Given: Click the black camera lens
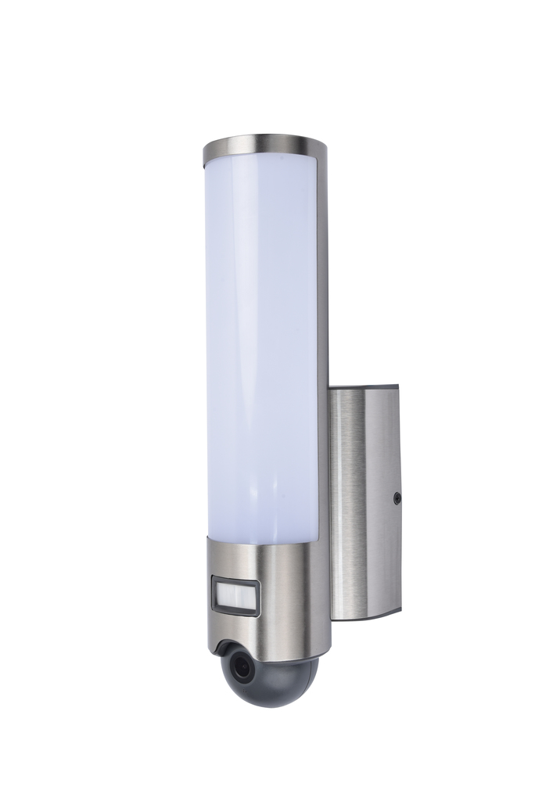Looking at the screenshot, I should click(242, 667).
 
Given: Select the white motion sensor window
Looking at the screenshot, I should click(235, 596).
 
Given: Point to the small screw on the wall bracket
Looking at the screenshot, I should click(397, 497).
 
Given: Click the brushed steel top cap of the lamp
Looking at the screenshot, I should click(264, 145).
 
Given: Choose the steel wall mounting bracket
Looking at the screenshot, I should click(364, 501).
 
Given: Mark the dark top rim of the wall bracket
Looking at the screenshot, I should click(364, 386).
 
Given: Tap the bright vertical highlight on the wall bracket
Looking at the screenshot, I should click(345, 501).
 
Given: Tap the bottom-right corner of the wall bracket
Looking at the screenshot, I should click(400, 611).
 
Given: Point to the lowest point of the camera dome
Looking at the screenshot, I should click(270, 707).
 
